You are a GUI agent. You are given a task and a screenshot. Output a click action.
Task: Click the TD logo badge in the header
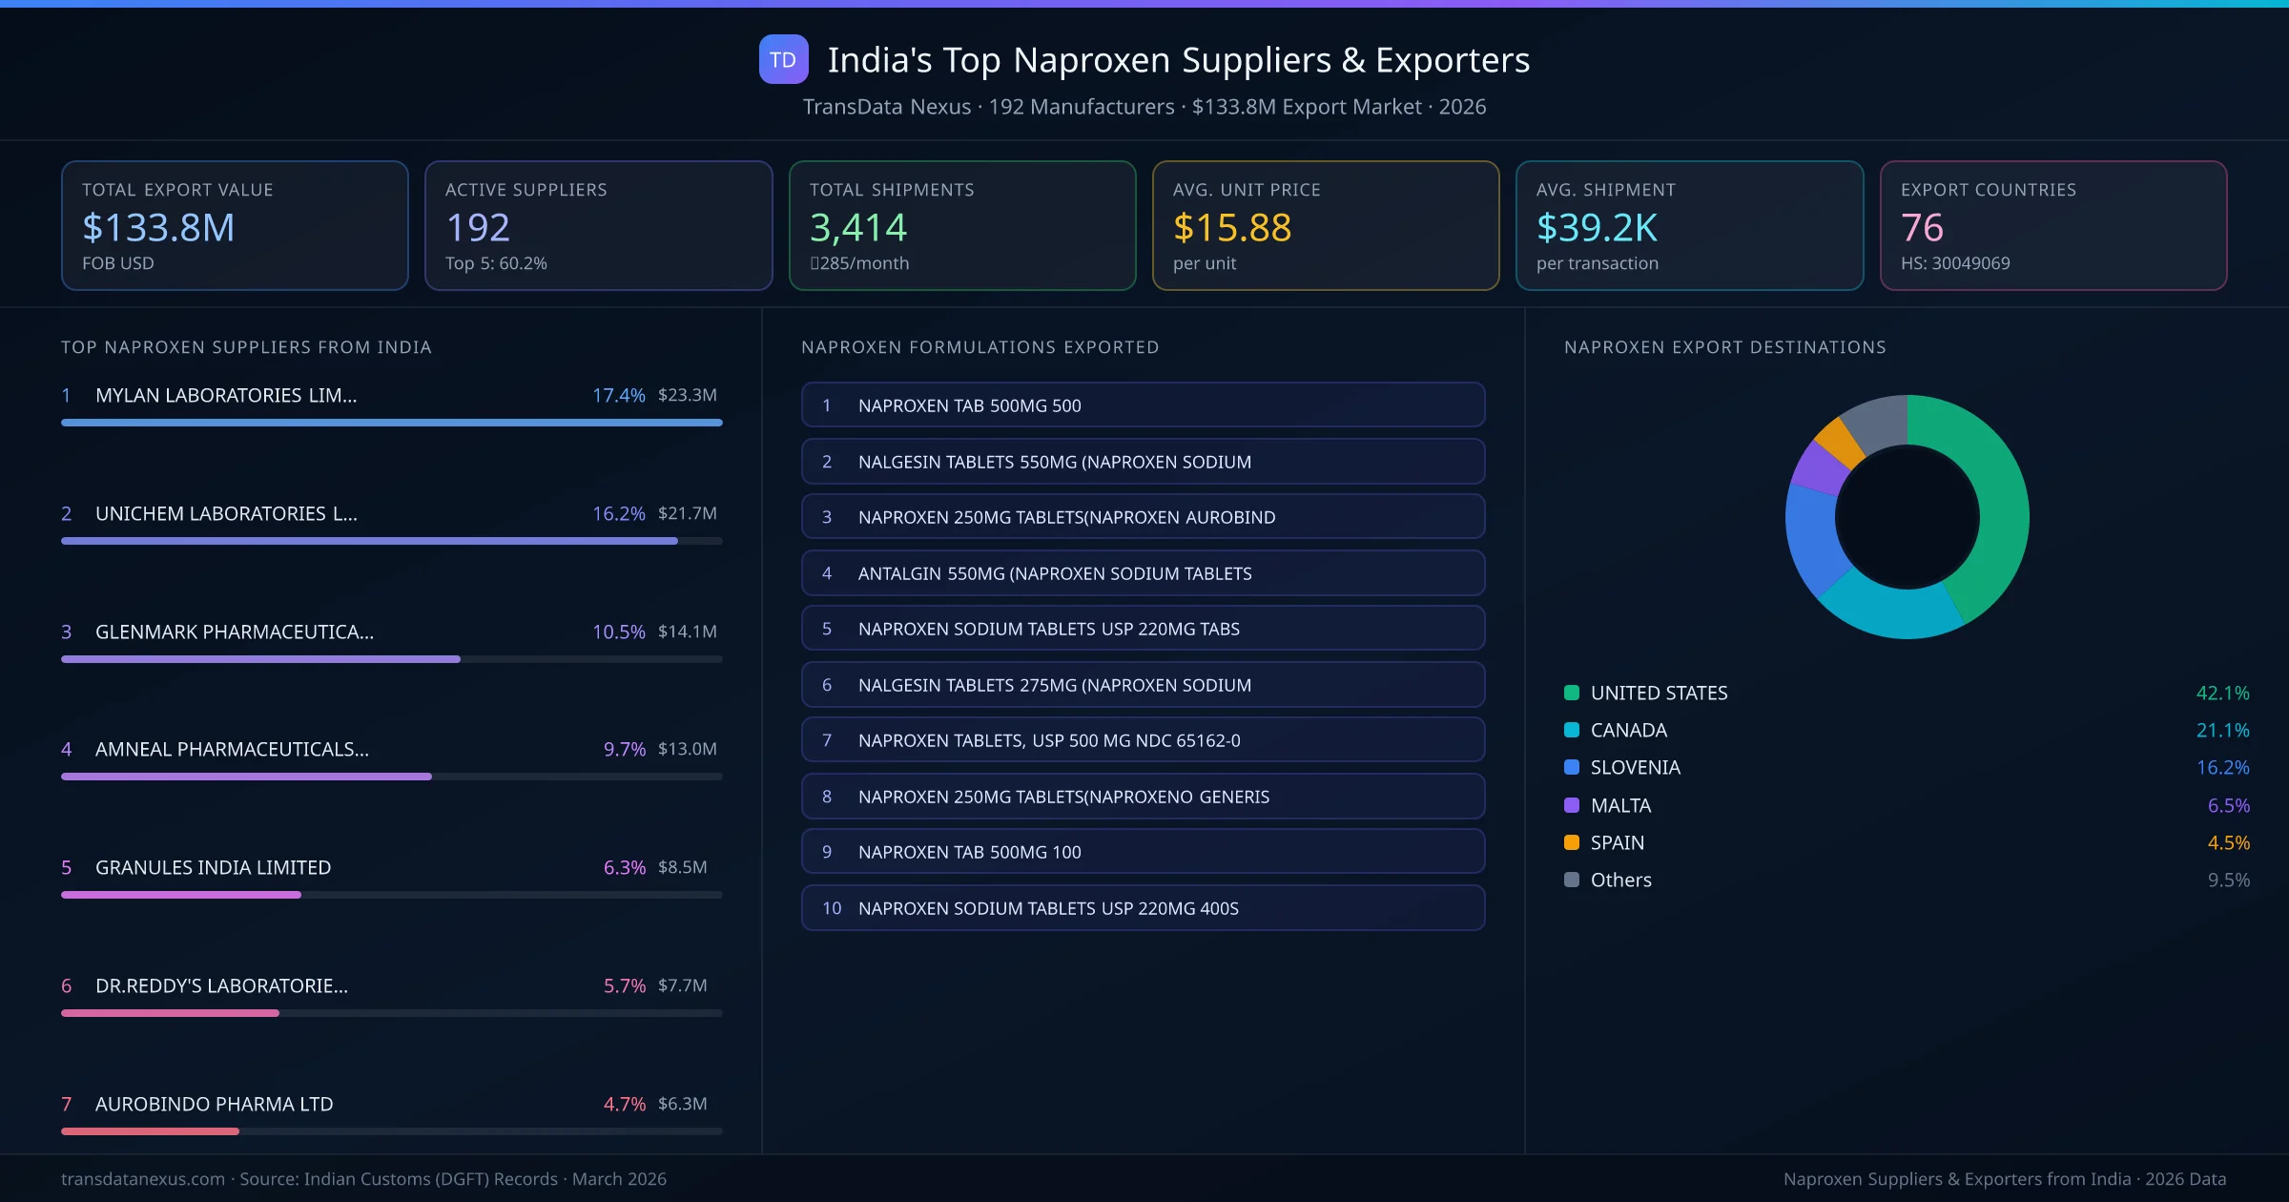(x=783, y=59)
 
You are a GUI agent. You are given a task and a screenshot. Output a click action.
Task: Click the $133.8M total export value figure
(x=158, y=227)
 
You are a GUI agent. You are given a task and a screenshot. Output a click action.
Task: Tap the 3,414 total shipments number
(x=857, y=227)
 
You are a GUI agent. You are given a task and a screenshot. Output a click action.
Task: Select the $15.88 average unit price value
(x=1231, y=227)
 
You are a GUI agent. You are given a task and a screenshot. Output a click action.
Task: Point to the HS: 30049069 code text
(x=1954, y=263)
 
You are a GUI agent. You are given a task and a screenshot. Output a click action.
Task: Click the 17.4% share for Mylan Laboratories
(x=618, y=395)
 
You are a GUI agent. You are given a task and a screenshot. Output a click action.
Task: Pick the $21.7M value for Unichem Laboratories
(x=687, y=513)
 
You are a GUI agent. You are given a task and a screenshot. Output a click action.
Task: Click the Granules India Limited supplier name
(x=213, y=867)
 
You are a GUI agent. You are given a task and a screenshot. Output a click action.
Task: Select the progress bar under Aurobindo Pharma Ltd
(x=391, y=1131)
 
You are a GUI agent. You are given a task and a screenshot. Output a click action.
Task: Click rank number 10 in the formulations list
(x=832, y=908)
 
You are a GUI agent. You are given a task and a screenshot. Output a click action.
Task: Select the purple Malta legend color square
(x=1571, y=805)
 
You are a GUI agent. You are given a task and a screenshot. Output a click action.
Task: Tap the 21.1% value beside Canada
(x=2222, y=730)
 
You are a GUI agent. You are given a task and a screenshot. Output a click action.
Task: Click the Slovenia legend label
(x=1635, y=767)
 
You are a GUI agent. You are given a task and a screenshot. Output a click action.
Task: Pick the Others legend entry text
(x=1620, y=880)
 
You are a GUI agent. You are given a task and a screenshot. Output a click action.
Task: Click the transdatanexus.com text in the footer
(x=143, y=1179)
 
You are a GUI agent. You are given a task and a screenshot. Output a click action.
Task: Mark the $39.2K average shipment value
(x=1597, y=227)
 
